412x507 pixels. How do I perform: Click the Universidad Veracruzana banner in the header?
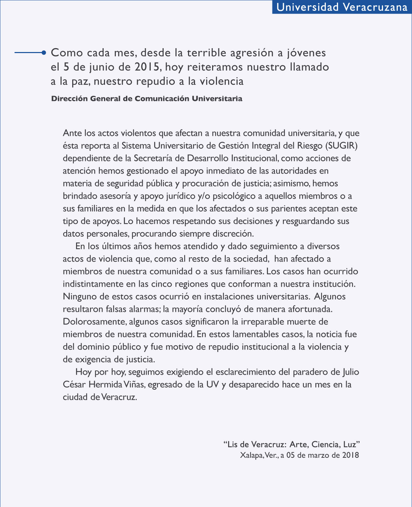tap(342, 7)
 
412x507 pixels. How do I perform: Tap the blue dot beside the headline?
tap(44, 53)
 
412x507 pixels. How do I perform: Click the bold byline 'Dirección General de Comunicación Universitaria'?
tap(147, 98)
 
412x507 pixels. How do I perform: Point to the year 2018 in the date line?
tap(350, 455)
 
